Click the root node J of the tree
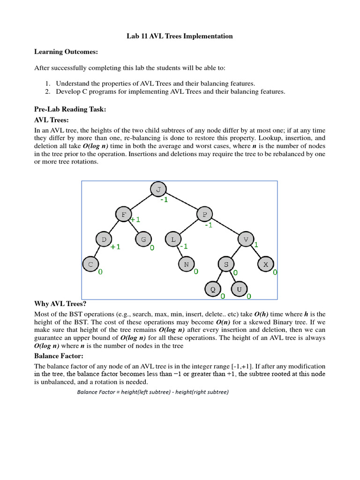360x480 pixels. (x=158, y=189)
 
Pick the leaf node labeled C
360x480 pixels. (x=90, y=264)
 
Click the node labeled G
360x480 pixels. (x=143, y=240)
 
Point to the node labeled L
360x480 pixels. (x=172, y=240)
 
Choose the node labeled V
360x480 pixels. (x=245, y=240)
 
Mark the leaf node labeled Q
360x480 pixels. (x=212, y=289)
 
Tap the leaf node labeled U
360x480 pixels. (x=239, y=289)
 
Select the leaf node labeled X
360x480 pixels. (x=265, y=264)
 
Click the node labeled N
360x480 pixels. (x=186, y=264)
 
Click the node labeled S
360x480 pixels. (x=226, y=264)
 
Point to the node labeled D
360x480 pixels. (x=104, y=240)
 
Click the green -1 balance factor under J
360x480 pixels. (x=164, y=200)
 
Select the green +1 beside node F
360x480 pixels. (x=135, y=219)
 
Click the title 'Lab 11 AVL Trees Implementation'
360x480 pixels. (x=180, y=36)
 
